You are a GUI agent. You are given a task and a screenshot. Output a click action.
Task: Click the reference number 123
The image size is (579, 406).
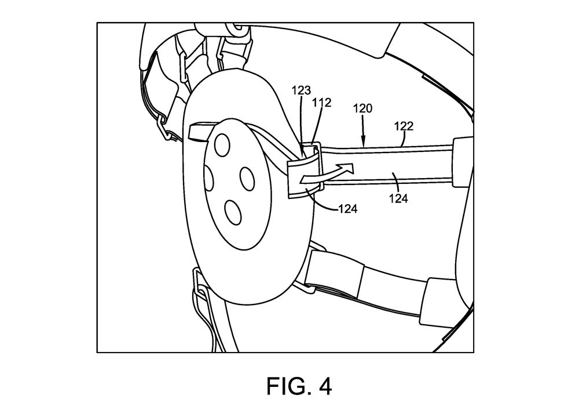(x=301, y=90)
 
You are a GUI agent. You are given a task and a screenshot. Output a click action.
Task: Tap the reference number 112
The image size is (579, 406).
(x=321, y=103)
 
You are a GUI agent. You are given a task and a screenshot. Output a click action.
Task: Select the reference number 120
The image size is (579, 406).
(x=362, y=108)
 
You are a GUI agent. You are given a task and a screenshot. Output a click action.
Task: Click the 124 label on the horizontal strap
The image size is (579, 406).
(x=398, y=198)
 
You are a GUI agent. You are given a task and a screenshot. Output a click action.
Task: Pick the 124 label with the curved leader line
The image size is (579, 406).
(x=348, y=209)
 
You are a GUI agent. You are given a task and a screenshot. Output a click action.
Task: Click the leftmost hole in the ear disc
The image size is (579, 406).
(x=208, y=178)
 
